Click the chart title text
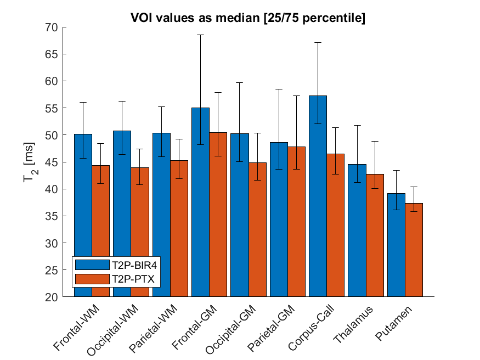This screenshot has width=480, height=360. (248, 18)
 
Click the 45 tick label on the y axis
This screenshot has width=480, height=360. (55, 162)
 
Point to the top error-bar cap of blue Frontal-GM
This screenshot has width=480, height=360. (200, 35)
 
